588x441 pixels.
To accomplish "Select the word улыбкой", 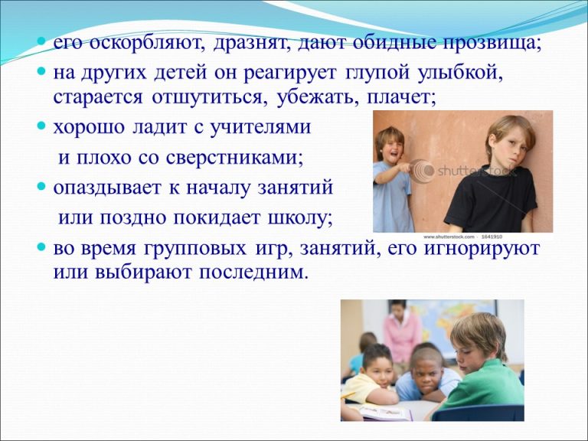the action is [x=459, y=72].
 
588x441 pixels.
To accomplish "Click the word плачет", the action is [x=400, y=97].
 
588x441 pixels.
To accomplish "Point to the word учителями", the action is [x=260, y=128].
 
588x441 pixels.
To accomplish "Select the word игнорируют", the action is [x=482, y=249].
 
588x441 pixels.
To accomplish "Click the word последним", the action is [x=253, y=273].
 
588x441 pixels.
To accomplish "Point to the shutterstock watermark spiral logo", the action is [x=423, y=171].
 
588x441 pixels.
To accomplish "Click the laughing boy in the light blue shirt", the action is [x=393, y=179].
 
